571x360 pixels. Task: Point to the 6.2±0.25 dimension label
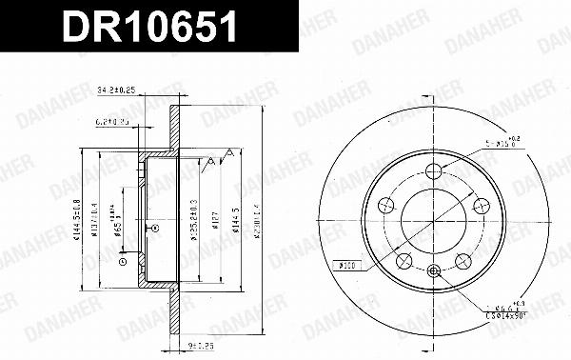(x=112, y=122)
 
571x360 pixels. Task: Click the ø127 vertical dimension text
(x=215, y=223)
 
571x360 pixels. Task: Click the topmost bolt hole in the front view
(x=433, y=170)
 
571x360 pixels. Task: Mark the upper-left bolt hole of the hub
(x=386, y=204)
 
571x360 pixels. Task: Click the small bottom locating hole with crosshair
(x=433, y=270)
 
